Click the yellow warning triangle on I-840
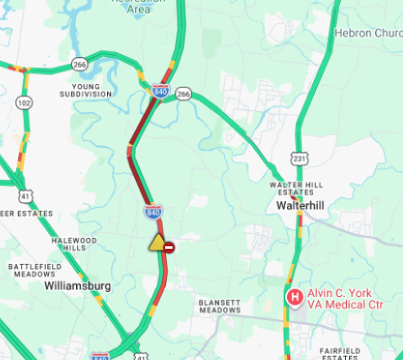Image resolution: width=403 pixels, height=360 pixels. coord(157,242)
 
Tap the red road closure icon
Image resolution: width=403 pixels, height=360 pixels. coord(169,246)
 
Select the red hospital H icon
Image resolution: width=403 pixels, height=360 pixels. coord(293,297)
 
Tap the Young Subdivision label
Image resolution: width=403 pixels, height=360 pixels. coord(85,90)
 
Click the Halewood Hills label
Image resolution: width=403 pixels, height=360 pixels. coord(74,244)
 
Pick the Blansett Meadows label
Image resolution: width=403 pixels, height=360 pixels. coord(219,306)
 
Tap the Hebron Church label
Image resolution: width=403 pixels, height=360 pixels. coord(367,34)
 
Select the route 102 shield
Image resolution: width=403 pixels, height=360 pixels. coord(25,103)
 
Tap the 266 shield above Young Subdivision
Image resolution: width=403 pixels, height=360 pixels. coord(79,64)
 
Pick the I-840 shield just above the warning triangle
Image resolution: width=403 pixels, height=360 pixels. coord(153,213)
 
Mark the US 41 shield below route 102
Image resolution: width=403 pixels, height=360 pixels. coord(27,196)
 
